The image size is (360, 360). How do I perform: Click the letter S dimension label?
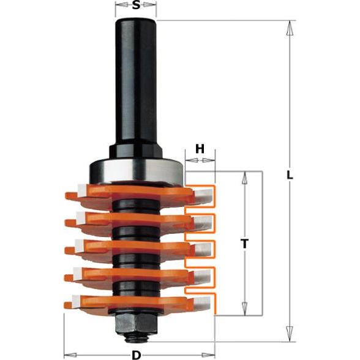coord(136,8)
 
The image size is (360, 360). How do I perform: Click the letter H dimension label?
coord(200,149)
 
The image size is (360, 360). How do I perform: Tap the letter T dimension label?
coord(245,244)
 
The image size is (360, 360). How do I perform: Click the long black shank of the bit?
coord(135,80)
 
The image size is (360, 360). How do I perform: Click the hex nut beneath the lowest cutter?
coord(135,321)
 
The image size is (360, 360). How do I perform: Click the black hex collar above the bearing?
coord(135,151)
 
